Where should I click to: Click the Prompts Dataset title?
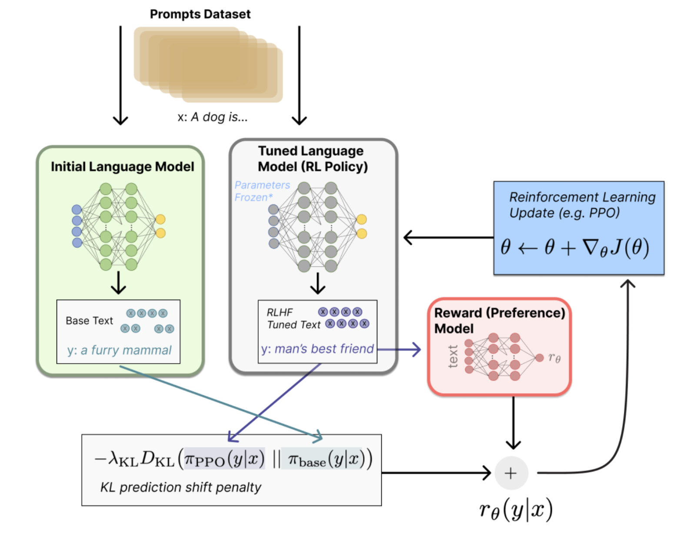point(200,14)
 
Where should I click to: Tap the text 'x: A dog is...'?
point(212,117)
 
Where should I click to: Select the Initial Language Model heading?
point(122,167)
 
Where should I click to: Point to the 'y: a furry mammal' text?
point(119,350)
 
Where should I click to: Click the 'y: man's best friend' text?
point(317,349)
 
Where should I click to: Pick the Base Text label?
point(89,321)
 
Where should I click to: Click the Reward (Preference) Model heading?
point(499,321)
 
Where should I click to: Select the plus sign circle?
point(511,473)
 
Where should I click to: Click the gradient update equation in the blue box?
point(574,247)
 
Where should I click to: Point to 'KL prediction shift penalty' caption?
point(180,488)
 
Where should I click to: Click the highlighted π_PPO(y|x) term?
point(224,459)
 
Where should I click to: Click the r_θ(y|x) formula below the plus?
point(516,510)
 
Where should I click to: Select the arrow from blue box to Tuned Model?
point(448,237)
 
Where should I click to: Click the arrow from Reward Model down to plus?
point(513,422)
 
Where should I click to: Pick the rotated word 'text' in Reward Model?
point(453,357)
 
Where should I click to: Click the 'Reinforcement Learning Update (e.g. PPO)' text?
point(582,205)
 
